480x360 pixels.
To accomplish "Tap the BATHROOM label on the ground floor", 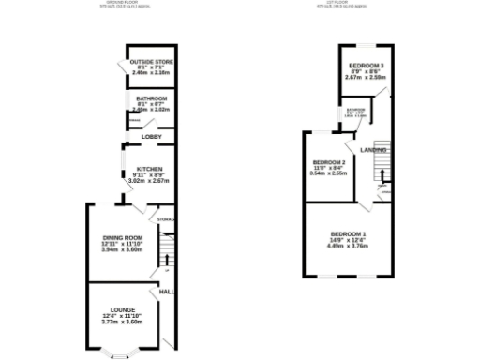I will [150, 98].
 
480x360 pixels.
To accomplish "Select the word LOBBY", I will [151, 137].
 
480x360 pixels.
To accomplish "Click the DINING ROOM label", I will [122, 238].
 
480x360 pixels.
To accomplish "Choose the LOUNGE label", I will [122, 309].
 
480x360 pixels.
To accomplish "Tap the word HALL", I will [167, 292].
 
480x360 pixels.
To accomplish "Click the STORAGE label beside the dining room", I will [166, 219].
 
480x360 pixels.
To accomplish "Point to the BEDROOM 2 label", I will [329, 162].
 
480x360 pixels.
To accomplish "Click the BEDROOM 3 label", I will [360, 65].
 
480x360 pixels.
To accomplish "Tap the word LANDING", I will [374, 149].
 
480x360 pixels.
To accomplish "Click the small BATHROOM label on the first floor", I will [355, 110].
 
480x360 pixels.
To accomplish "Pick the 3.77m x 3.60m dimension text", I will [122, 322].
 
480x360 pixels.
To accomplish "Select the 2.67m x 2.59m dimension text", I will [360, 78].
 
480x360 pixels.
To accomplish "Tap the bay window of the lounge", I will [119, 352].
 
